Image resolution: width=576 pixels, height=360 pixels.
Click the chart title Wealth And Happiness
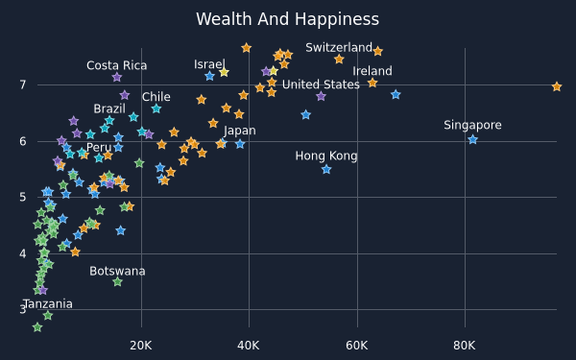pos(287,19)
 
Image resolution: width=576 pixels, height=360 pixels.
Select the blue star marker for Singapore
pos(472,139)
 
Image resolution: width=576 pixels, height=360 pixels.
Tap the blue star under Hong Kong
pos(326,169)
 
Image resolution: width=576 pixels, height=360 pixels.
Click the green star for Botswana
pos(117,281)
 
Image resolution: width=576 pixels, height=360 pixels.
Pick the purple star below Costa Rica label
pos(117,77)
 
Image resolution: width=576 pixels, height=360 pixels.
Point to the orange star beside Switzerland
pos(377,52)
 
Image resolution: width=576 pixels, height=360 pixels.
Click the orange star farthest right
pos(557,86)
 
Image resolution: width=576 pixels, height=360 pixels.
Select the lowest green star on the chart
pos(37,327)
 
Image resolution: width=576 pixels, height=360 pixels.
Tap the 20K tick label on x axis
pos(141,346)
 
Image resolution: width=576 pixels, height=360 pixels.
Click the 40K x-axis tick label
pos(249,346)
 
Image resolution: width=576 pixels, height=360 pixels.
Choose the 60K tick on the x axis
pos(357,346)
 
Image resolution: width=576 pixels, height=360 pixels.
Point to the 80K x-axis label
pos(465,346)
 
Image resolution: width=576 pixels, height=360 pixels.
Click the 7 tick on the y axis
pos(23,84)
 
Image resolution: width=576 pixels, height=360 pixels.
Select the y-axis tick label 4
pos(23,253)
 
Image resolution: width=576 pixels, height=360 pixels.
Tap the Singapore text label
pos(472,125)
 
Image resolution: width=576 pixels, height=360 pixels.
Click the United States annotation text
pos(321,84)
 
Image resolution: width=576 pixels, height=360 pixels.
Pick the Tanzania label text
pos(48,304)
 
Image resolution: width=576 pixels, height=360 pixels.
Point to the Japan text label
pos(239,131)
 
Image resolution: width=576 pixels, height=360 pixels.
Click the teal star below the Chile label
pos(156,108)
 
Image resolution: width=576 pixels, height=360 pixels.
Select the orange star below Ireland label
pos(372,83)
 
